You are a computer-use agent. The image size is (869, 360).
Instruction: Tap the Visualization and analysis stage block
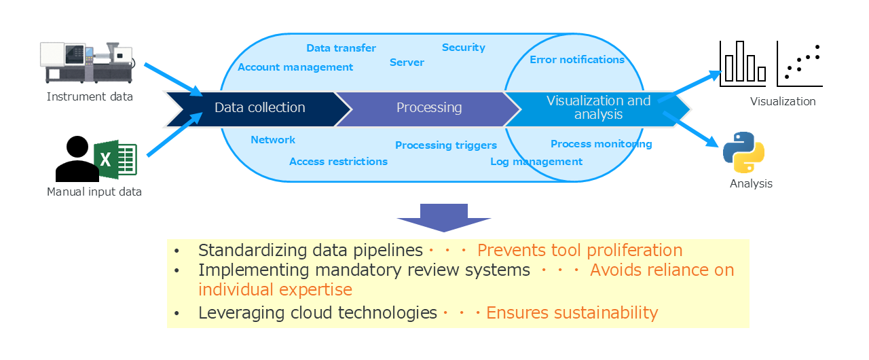[x=598, y=108]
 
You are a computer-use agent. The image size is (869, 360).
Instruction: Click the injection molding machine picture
[x=86, y=62]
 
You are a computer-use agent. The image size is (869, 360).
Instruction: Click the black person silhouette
[x=76, y=160]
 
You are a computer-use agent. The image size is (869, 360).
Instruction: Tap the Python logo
[x=744, y=153]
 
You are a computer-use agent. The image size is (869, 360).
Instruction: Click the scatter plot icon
[x=800, y=63]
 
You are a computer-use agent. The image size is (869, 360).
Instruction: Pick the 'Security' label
[x=464, y=48]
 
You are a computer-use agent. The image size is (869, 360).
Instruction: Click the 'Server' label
[x=407, y=62]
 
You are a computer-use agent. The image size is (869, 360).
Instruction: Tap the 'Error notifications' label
[x=577, y=60]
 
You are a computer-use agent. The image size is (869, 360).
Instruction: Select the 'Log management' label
[x=536, y=162]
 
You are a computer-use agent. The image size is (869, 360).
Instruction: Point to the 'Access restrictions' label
[x=338, y=162]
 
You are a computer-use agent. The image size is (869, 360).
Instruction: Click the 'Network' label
[x=273, y=140]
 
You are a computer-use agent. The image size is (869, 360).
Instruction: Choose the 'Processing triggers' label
[x=446, y=145]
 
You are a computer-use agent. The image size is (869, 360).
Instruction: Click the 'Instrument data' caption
[x=90, y=96]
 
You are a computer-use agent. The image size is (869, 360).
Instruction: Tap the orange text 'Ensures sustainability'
[x=572, y=312]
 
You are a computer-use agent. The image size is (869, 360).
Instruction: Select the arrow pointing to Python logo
[x=691, y=128]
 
